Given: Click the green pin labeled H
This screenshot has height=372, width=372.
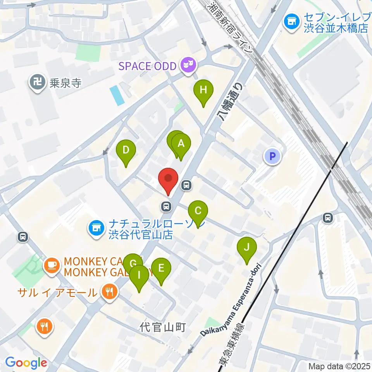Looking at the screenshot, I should tap(203, 91).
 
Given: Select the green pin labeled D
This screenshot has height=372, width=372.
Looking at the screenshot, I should tap(126, 150).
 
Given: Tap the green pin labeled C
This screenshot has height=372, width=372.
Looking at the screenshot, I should tap(198, 211).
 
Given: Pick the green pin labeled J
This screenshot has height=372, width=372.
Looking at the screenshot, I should tap(247, 246).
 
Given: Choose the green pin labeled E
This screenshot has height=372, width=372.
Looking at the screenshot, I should tap(161, 268).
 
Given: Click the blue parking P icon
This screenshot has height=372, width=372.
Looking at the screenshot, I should tap(272, 157).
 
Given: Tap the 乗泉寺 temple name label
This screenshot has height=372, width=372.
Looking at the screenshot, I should tap(65, 83).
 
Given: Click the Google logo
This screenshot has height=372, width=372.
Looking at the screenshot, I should tap(26, 363).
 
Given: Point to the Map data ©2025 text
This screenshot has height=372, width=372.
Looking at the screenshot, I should tap(339, 366).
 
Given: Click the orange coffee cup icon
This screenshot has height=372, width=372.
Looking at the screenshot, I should tap(52, 265).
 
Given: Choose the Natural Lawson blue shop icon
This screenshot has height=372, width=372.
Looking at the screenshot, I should tap(96, 229).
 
